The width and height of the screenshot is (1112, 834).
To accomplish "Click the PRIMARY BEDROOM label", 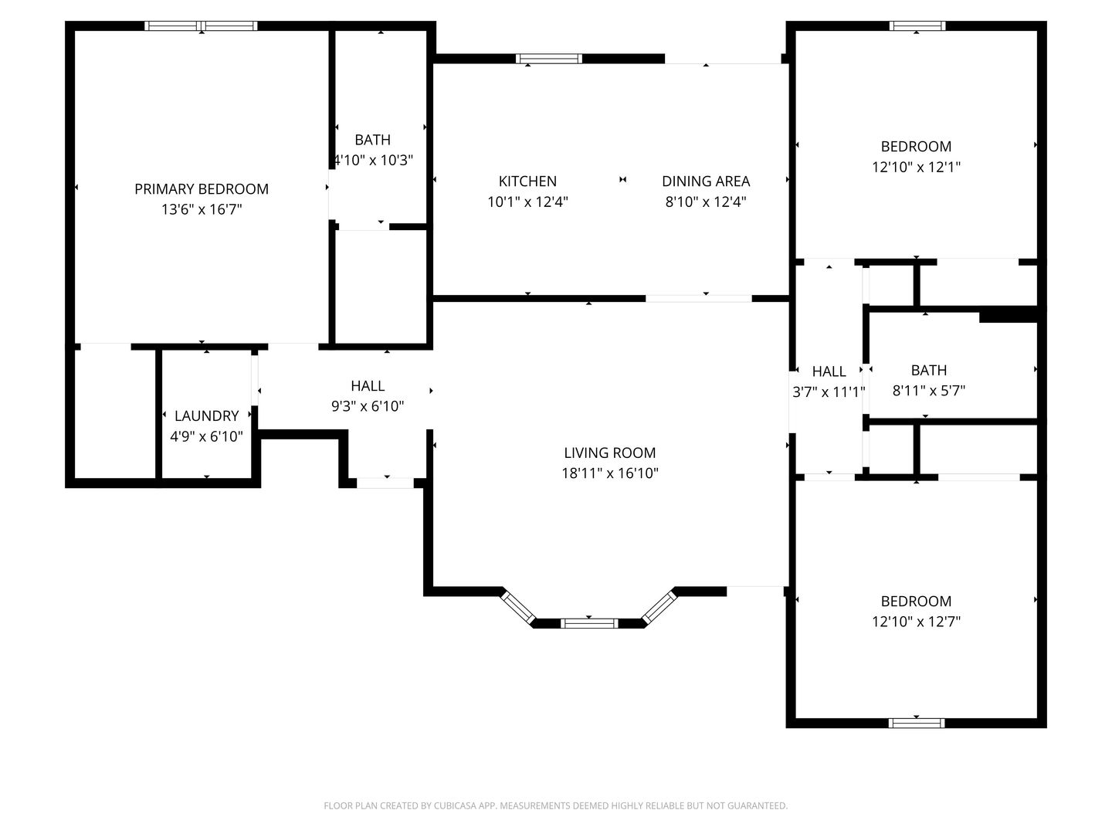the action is [201, 189].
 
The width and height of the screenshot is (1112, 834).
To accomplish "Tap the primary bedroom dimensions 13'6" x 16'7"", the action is [201, 209].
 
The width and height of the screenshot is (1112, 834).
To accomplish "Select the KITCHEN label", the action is [527, 181].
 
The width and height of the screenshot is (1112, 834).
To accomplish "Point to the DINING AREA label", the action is [705, 181].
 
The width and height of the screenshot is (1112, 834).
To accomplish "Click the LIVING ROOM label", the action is [609, 453].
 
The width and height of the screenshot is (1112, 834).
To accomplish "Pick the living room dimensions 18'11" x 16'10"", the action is [609, 473].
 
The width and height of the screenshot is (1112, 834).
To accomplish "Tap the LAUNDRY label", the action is [206, 415].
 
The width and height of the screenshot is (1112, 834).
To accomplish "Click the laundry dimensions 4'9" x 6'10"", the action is [206, 436].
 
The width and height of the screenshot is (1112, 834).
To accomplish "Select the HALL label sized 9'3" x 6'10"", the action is [368, 386].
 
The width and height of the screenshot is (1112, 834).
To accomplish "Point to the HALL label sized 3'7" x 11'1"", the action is [829, 371].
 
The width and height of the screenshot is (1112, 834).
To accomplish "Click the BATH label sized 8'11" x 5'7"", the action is [929, 370].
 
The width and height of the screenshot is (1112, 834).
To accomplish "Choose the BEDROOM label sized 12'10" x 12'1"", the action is [916, 147].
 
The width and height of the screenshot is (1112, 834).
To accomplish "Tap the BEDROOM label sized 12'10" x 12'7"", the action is [916, 601].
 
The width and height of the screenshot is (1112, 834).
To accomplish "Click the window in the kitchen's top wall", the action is [548, 59].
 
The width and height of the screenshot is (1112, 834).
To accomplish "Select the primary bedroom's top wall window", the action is [201, 25].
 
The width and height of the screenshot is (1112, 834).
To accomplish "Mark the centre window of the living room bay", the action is [588, 623].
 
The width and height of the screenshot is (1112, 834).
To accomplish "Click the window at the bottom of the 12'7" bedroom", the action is [917, 723].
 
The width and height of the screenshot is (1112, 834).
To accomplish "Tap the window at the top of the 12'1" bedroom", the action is [917, 25].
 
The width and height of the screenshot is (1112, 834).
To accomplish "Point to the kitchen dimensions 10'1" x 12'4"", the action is [527, 202].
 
